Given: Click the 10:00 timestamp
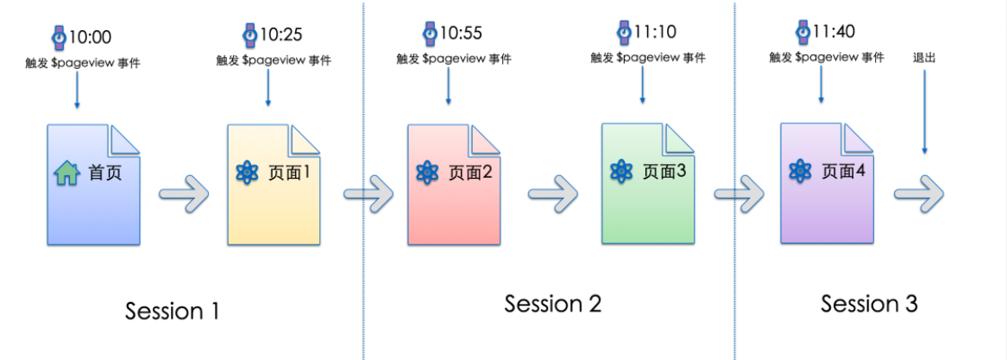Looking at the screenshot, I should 90,38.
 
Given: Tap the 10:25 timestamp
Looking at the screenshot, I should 281,35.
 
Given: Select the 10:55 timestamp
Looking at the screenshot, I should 462,34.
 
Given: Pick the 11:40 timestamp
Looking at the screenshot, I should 833,33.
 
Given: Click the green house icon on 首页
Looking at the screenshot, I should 67,174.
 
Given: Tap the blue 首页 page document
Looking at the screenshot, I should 92,185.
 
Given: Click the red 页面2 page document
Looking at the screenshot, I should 454,185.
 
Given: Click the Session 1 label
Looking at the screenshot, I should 172,311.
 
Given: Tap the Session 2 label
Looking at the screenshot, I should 552,304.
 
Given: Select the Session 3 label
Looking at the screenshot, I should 869,304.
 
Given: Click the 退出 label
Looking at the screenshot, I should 924,58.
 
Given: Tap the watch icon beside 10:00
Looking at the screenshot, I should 59,37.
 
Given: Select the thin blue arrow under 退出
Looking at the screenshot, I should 924,112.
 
